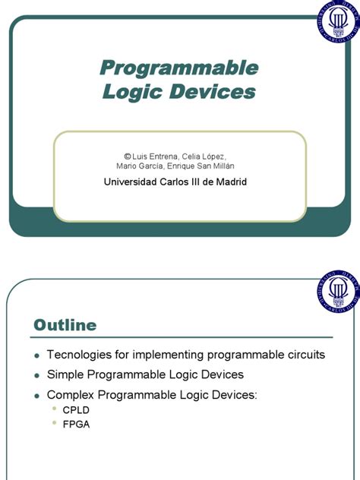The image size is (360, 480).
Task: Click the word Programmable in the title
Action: pyautogui.click(x=179, y=68)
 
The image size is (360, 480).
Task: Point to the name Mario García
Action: pyautogui.click(x=140, y=166)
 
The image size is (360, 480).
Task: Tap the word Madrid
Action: pyautogui.click(x=230, y=182)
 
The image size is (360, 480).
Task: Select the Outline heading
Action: pyautogui.click(x=65, y=325)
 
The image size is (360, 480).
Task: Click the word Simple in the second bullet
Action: pyautogui.click(x=65, y=374)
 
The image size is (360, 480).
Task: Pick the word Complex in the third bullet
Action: pyautogui.click(x=71, y=395)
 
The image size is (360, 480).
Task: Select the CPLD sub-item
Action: pyautogui.click(x=76, y=411)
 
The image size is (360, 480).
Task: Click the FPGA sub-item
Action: pyautogui.click(x=76, y=425)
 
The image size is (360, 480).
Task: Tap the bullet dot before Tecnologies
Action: pyautogui.click(x=36, y=355)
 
